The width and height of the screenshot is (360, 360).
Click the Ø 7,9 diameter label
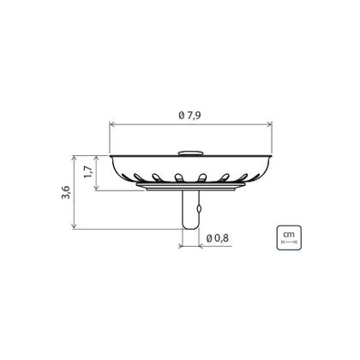(189, 116)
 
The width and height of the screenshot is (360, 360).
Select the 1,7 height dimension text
(88, 172)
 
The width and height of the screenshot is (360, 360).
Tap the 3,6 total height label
(66, 192)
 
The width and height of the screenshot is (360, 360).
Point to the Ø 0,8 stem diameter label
(217, 238)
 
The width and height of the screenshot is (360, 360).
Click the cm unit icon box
(289, 237)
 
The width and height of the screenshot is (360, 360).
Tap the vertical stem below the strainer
(190, 209)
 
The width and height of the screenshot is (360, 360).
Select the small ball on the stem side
(199, 209)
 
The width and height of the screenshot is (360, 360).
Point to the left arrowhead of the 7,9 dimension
(111, 124)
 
